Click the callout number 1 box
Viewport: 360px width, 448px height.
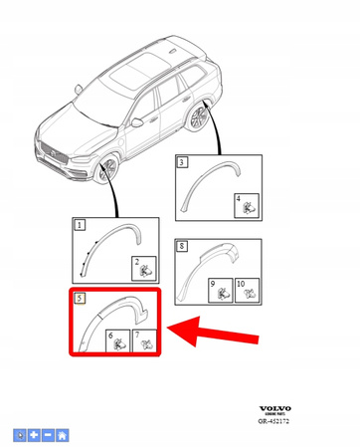(x=80, y=226)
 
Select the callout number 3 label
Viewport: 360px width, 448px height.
(x=182, y=160)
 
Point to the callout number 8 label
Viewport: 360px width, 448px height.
(x=182, y=244)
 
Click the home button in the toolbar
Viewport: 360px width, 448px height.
(x=63, y=435)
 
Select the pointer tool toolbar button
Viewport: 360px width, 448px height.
(x=20, y=435)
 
